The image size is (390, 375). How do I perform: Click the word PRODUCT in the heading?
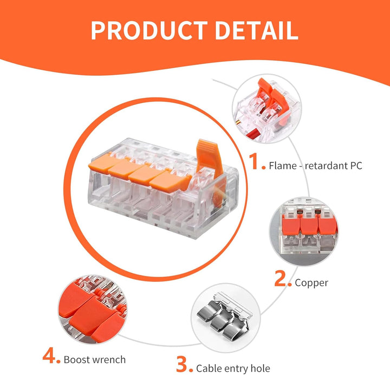click(149, 30)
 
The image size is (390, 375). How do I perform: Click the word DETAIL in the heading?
click(256, 30)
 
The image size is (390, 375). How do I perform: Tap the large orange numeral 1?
click(255, 161)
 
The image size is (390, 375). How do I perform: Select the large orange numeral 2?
click(281, 278)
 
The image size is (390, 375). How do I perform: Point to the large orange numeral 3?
click(182, 364)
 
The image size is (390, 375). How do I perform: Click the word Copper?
click(311, 283)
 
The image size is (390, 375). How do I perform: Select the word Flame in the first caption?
click(283, 166)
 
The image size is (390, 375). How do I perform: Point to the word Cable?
click(209, 369)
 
